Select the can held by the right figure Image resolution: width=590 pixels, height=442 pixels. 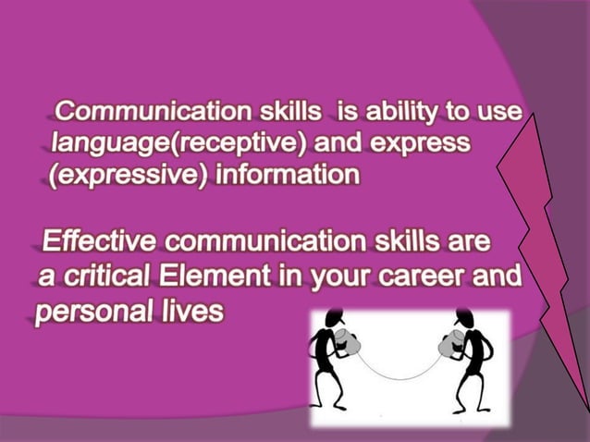point(437,341)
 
